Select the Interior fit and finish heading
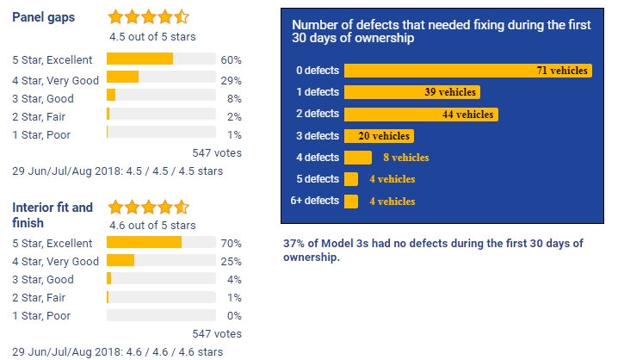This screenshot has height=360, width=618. pyautogui.click(x=53, y=215)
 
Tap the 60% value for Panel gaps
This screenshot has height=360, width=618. pyautogui.click(x=231, y=60)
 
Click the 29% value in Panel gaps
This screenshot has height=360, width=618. pyautogui.click(x=231, y=79)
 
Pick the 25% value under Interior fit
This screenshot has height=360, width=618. pyautogui.click(x=231, y=262)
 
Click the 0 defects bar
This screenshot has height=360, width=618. pyautogui.click(x=467, y=71)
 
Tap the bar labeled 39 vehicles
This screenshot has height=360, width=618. pyautogui.click(x=411, y=92)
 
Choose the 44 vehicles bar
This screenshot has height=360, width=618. pyautogui.click(x=421, y=114)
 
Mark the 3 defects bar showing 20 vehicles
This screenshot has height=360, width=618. pyautogui.click(x=379, y=135)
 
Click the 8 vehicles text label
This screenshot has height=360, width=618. pyautogui.click(x=405, y=158)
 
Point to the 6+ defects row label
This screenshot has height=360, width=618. pyautogui.click(x=314, y=201)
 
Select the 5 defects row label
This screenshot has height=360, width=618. pyautogui.click(x=316, y=179)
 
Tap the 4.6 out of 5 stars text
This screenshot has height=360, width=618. pyautogui.click(x=152, y=226)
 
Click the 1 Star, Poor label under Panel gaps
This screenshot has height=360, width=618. pyautogui.click(x=41, y=134)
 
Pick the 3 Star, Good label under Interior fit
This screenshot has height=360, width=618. pyautogui.click(x=43, y=280)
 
